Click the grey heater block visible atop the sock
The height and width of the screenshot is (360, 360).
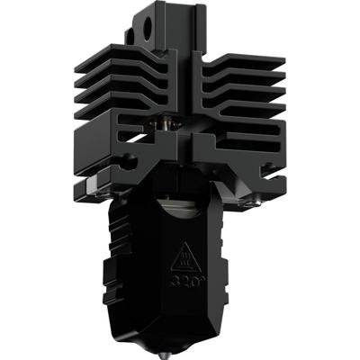[x=184, y=209]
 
